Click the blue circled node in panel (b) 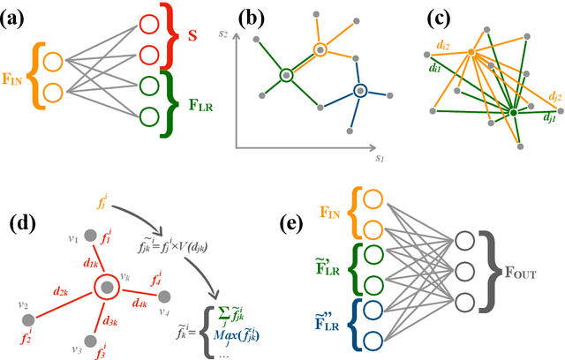360,90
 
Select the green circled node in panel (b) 287,75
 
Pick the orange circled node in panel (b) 318,49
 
